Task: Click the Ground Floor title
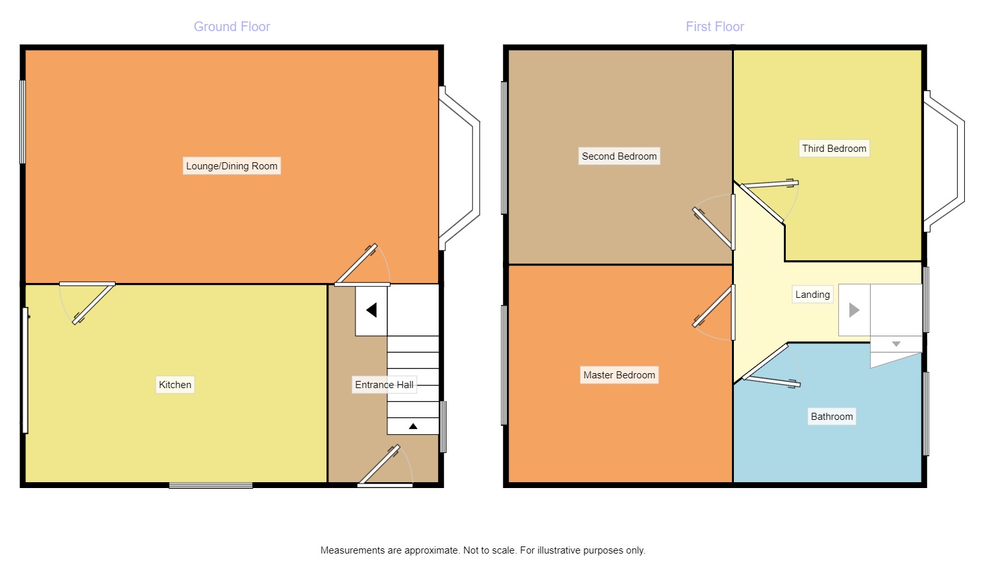pos(232,27)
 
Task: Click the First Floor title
pos(714,27)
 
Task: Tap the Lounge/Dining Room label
pos(232,166)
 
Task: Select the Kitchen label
pos(175,385)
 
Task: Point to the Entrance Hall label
pos(384,385)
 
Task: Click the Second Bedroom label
pos(619,156)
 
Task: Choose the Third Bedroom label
pos(834,149)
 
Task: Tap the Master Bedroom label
pos(619,375)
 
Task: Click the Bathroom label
pos(832,417)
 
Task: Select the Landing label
pos(812,295)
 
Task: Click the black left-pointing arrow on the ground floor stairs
pos(371,310)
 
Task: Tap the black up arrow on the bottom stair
pos(413,426)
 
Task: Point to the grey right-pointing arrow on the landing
pos(854,310)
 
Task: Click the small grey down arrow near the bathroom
pos(896,344)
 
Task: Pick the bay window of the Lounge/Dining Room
pos(461,169)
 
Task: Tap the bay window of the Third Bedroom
pos(946,161)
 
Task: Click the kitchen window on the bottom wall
pos(211,485)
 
